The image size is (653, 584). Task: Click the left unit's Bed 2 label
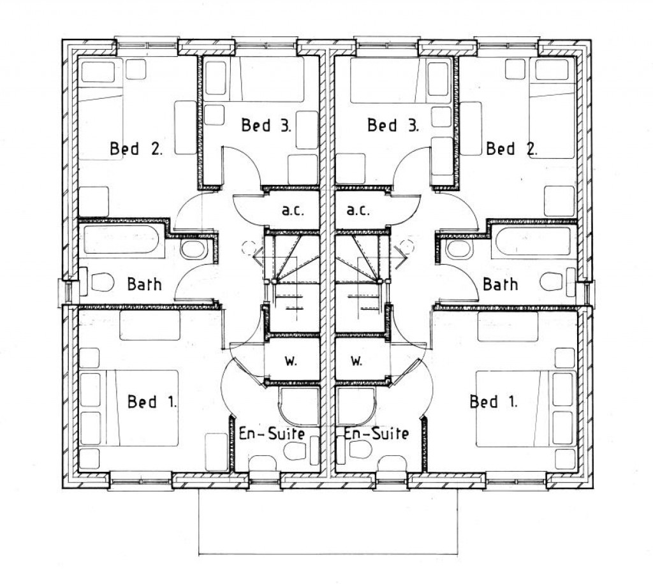[136, 149]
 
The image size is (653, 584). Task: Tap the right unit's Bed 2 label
[512, 149]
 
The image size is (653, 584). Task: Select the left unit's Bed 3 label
[266, 125]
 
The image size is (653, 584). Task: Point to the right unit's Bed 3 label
[393, 125]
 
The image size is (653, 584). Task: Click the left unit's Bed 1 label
[152, 402]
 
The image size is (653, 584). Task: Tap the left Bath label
[144, 284]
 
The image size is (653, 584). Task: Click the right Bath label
[501, 284]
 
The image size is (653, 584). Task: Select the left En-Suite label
[272, 434]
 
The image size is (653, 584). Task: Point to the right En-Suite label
[376, 434]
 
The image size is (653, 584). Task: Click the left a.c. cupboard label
[293, 210]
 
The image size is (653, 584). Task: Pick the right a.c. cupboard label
[358, 210]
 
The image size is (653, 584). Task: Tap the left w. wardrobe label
[291, 361]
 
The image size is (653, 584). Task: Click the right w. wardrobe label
[356, 361]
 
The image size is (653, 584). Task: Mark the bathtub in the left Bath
[121, 240]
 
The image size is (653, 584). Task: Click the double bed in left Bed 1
[142, 408]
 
